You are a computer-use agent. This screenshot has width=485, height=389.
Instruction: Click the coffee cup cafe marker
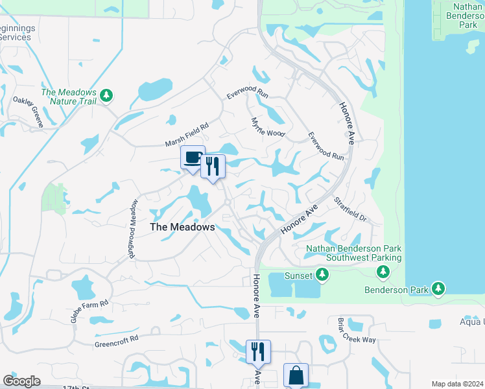[x=193, y=158]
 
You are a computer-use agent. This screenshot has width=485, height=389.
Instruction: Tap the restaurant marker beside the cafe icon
[x=213, y=167]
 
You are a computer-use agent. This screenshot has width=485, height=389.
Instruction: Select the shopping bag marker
[x=296, y=375]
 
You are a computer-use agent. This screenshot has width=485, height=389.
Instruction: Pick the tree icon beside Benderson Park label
[x=439, y=288]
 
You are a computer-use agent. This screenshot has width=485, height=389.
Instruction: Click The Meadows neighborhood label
[x=182, y=227]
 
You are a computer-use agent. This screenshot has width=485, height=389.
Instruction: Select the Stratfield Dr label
[x=351, y=209]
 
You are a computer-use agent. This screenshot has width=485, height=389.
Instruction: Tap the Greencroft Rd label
[x=117, y=340]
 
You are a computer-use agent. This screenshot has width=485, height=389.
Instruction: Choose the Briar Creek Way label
[x=357, y=331]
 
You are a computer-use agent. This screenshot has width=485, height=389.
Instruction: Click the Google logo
[x=21, y=381]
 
